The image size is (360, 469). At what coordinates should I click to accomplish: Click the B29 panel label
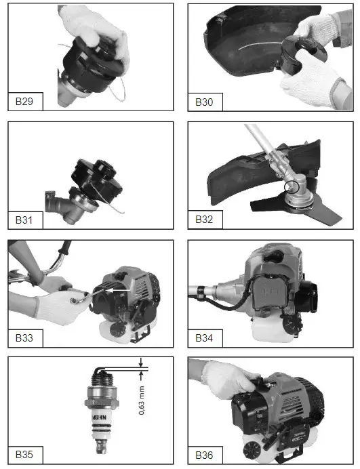[x=26, y=102]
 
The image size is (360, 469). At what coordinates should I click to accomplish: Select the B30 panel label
[x=203, y=102]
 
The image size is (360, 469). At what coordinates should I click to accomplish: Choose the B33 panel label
[x=26, y=337]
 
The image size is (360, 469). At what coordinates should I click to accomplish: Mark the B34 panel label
[x=203, y=337]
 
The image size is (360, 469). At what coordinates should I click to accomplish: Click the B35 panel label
[x=26, y=454]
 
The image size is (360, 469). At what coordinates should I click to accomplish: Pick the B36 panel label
[x=203, y=454]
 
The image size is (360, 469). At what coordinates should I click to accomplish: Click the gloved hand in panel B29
[x=95, y=27]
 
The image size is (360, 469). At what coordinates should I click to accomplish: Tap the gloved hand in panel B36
[x=231, y=376]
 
